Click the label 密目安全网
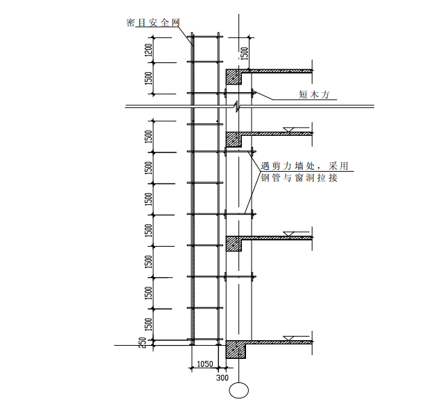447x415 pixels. [153, 23]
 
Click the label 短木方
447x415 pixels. [314, 94]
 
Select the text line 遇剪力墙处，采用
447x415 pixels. [304, 166]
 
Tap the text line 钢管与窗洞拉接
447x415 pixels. [299, 178]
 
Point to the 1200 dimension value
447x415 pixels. [148, 50]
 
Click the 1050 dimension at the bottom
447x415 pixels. [205, 364]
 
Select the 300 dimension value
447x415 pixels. [222, 378]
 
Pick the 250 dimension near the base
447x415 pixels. [143, 342]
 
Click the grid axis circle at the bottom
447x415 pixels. [239, 390]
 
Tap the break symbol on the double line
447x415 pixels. [237, 106]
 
